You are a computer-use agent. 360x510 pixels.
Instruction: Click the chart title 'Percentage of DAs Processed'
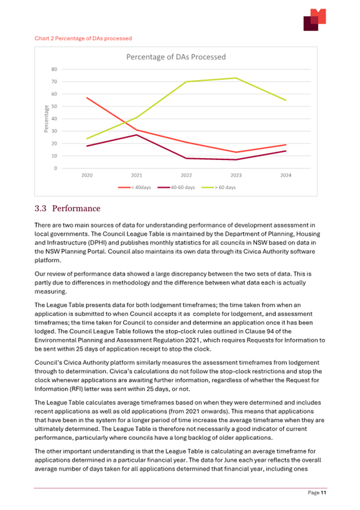tap(175, 57)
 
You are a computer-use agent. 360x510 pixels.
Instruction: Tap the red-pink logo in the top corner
tap(314, 20)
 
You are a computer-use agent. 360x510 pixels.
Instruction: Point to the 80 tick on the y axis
tap(54, 69)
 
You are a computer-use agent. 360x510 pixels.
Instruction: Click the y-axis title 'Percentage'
tap(46, 119)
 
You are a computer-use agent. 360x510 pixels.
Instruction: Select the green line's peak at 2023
tap(236, 78)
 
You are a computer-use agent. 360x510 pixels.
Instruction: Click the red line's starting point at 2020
tap(87, 98)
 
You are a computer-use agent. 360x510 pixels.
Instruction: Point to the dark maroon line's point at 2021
tap(137, 135)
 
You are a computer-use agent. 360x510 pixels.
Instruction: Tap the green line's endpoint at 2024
tap(286, 100)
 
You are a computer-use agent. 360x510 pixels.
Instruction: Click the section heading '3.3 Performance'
tap(67, 208)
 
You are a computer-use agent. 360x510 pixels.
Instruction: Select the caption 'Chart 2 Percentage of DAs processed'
tap(83, 38)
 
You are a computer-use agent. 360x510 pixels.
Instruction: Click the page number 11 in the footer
tap(323, 492)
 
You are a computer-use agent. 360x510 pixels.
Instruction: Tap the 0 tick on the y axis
tap(55, 168)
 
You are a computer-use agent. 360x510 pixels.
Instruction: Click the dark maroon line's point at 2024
tap(286, 151)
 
